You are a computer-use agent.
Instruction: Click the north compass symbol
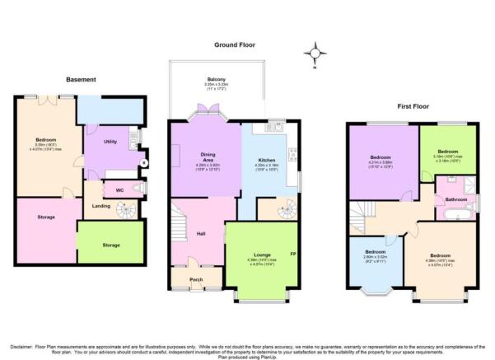point(314,54)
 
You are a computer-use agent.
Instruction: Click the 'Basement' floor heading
point(81,80)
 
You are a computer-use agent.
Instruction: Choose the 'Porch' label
point(196,279)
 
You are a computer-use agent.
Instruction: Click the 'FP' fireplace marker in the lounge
point(292,253)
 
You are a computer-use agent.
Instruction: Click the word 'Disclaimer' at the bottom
point(22,346)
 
